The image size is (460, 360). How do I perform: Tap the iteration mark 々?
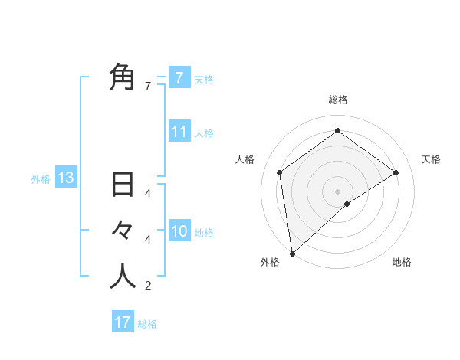point(123,231)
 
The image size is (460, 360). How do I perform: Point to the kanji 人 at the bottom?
point(123,277)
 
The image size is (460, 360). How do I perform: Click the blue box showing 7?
point(179,77)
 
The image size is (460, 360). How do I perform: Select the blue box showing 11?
point(179,132)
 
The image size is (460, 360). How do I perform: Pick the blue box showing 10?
point(179,231)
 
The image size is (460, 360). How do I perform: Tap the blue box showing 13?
point(65,178)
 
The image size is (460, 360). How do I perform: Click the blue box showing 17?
point(122,322)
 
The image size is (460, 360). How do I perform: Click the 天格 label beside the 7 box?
point(204,79)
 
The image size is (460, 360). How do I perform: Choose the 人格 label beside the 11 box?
point(204,133)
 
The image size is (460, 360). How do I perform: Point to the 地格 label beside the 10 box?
point(204,233)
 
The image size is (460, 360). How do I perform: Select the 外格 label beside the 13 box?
point(41,179)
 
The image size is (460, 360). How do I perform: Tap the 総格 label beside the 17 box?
point(147,324)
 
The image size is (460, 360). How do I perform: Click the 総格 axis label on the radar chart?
point(337,100)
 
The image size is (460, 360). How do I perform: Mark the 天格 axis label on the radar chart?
point(431,159)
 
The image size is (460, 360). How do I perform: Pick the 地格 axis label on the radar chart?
point(402,262)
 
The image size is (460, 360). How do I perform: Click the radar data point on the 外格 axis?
point(292,253)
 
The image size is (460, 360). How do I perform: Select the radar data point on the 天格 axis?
point(396,172)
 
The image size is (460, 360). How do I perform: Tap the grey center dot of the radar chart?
point(337,191)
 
